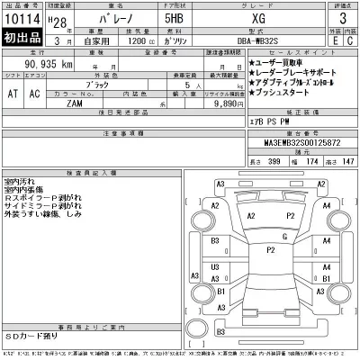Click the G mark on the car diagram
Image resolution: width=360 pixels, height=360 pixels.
click(283, 237)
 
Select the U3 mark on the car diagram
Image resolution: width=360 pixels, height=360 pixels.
click(215, 267)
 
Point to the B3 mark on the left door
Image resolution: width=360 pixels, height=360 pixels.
click(216, 242)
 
